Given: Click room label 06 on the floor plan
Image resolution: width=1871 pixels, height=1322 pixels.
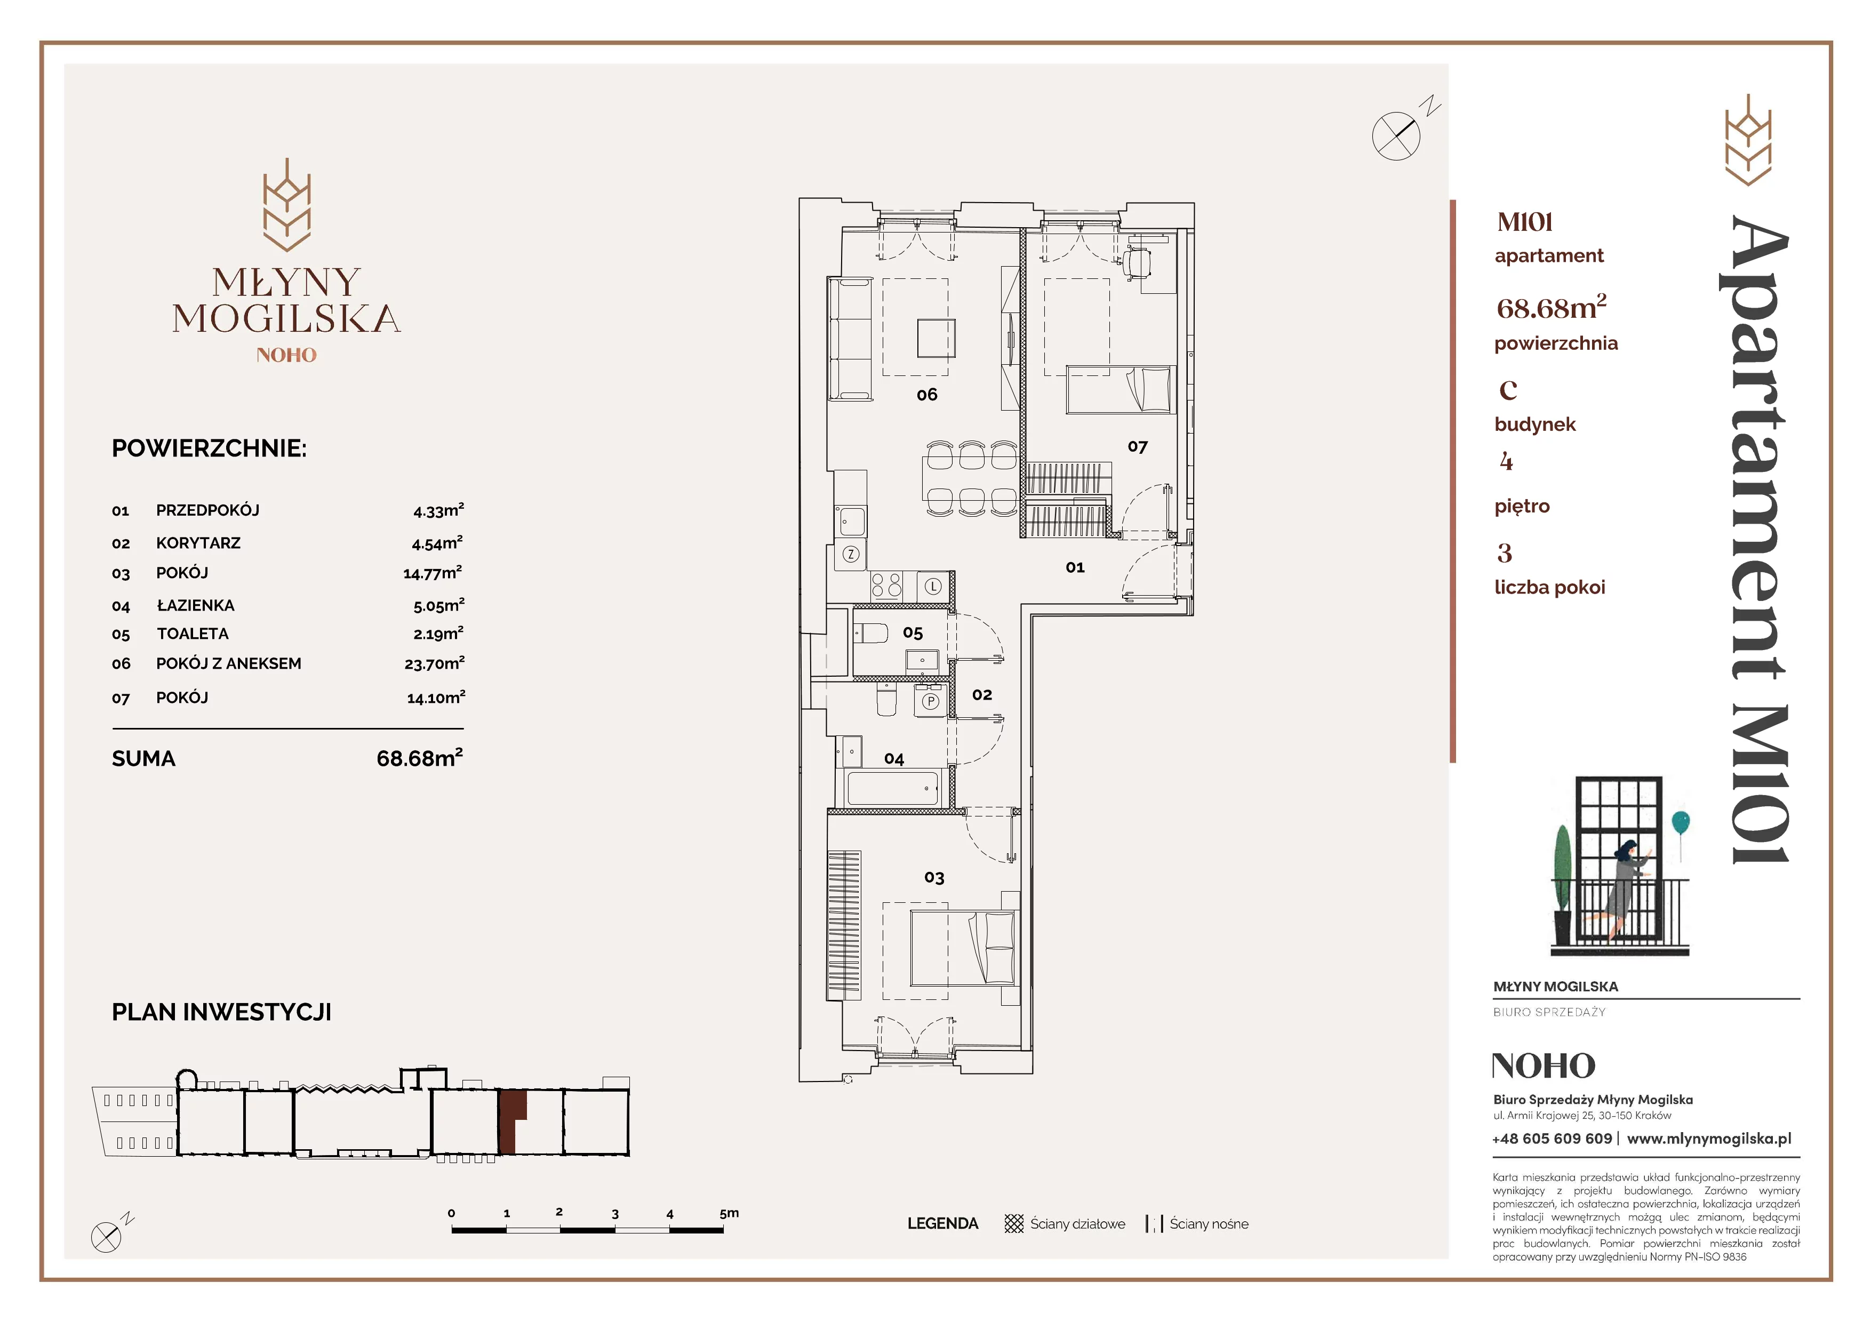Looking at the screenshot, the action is point(926,395).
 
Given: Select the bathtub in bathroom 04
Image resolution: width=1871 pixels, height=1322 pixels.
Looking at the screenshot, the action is point(893,789).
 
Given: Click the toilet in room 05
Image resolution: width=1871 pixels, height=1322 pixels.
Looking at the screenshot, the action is point(870,633).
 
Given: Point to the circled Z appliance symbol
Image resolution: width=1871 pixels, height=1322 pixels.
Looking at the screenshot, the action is point(851,555).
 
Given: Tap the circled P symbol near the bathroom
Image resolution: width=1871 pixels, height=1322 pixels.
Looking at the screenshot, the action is point(930,701).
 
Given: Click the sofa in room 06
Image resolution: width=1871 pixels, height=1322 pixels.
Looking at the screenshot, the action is point(851,338).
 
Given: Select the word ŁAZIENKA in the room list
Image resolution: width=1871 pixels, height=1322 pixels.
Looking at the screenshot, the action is point(196,605).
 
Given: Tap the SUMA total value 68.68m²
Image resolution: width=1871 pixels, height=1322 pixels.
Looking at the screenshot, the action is point(420,758).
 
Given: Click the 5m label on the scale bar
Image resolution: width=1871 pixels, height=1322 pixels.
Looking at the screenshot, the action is point(729,1213).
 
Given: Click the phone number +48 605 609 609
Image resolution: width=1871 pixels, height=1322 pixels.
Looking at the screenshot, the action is point(1552,1139).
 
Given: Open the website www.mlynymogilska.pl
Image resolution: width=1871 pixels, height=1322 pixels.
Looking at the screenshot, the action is point(1709,1139).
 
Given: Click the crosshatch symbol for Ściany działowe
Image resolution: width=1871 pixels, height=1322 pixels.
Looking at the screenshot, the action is point(1014,1223).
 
